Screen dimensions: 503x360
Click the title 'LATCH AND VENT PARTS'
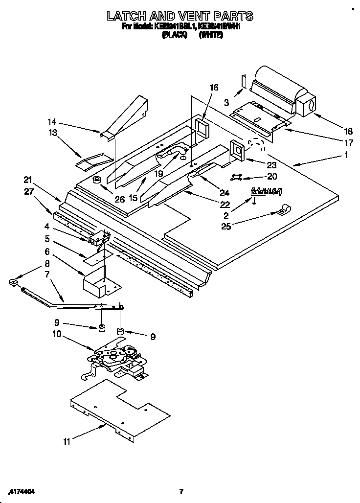click(x=180, y=16)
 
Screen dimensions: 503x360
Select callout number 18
click(x=348, y=131)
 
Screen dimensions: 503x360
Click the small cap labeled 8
click(x=14, y=281)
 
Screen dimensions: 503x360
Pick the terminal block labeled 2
click(x=267, y=191)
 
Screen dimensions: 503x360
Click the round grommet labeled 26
click(x=97, y=180)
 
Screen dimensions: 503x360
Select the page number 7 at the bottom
click(x=180, y=491)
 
